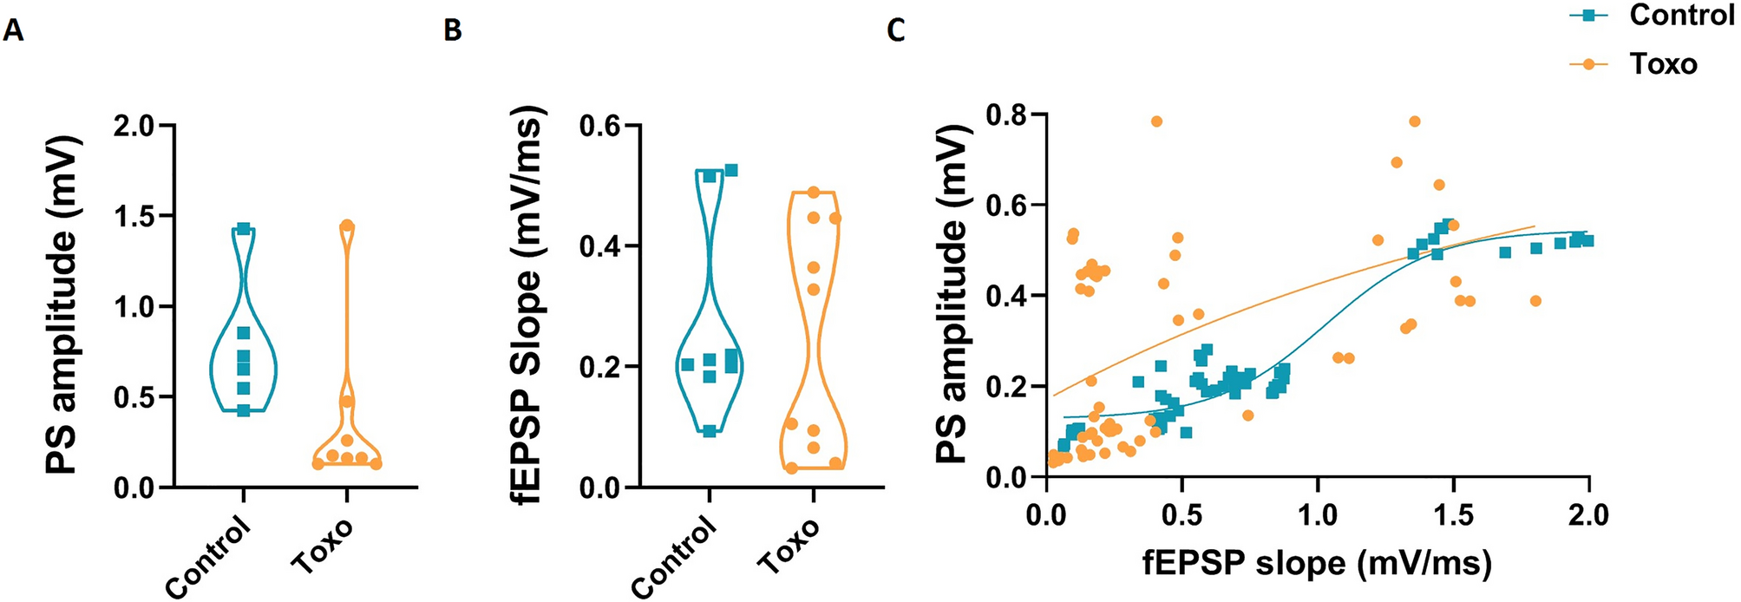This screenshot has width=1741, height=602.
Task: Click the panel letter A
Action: tap(13, 31)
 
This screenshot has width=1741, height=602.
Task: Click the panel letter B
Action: tap(452, 31)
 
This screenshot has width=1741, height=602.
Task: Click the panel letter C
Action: tap(896, 31)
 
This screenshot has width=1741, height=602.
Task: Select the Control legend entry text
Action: tap(1681, 15)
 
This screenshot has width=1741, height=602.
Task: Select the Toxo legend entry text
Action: tap(1663, 64)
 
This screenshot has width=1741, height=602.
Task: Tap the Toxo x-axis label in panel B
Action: tap(788, 546)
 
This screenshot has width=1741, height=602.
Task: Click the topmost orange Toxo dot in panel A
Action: tap(347, 226)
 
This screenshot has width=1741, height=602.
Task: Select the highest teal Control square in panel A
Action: tap(244, 229)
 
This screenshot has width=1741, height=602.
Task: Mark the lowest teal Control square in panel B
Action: tap(710, 431)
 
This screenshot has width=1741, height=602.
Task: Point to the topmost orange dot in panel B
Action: tap(814, 192)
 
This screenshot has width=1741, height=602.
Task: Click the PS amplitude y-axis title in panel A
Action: tap(62, 305)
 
